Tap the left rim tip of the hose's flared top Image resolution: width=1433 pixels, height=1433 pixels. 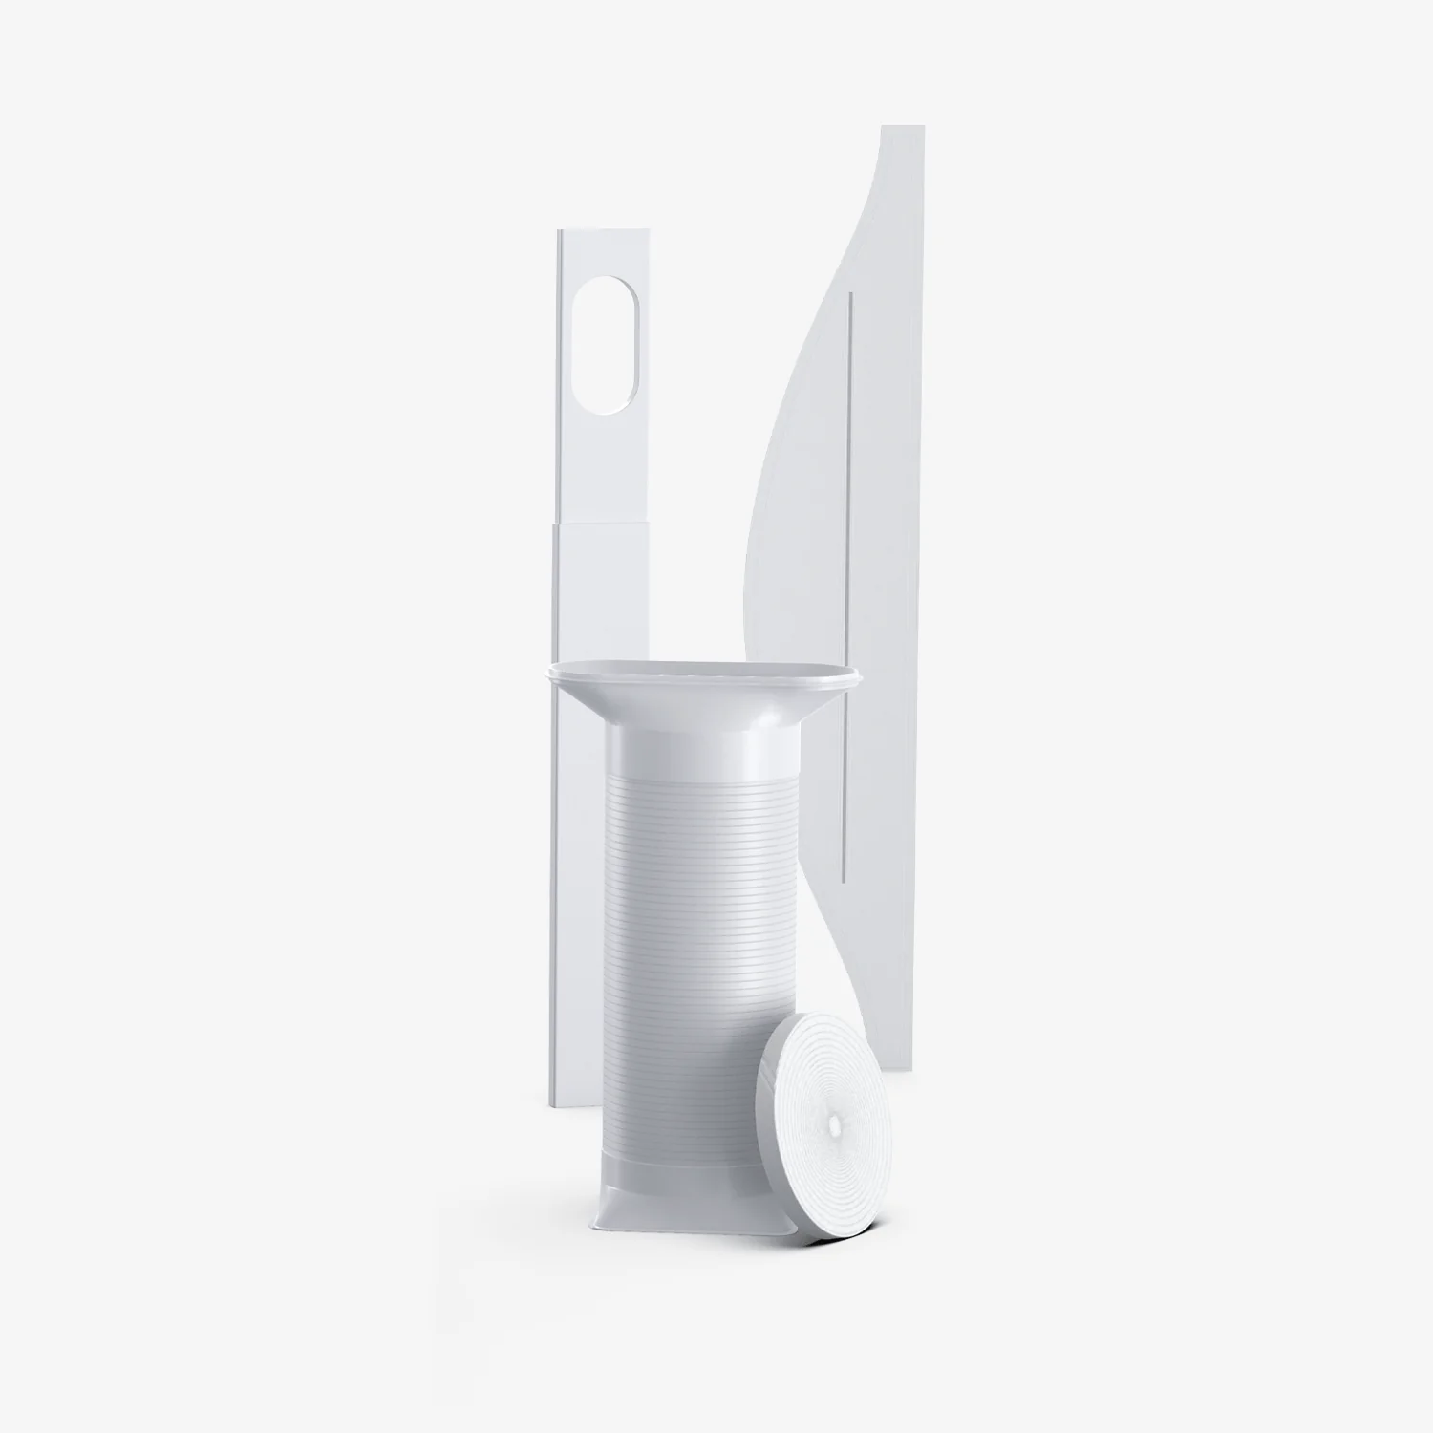tap(546, 674)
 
